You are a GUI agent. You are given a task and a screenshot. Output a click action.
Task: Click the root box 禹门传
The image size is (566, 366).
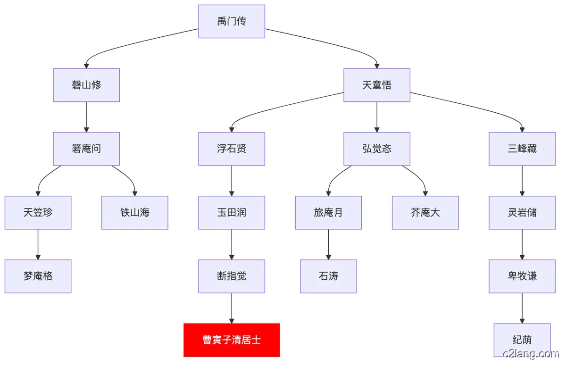coord(232,21)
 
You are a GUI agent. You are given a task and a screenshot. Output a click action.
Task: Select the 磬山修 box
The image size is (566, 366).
coord(86,85)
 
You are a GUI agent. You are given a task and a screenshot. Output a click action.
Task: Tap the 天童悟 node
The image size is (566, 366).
coord(377,85)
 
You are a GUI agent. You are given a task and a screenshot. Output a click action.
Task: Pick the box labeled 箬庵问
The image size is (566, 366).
coord(86,149)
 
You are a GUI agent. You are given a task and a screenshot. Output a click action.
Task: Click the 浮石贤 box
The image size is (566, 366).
coord(232,149)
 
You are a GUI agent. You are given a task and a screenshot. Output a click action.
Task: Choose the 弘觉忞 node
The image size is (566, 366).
coord(377,149)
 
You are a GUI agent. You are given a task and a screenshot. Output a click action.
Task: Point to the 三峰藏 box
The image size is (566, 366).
coord(522,149)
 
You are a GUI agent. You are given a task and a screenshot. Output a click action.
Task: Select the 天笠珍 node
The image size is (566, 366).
coord(38,213)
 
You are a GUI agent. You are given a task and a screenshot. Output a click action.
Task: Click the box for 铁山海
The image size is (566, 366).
coord(135,213)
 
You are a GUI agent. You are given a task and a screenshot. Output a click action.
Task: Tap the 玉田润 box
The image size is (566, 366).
coord(232,213)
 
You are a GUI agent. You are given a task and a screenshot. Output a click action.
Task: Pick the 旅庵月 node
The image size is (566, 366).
coord(328,213)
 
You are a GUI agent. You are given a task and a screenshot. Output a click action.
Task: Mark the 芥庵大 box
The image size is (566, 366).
coord(425,213)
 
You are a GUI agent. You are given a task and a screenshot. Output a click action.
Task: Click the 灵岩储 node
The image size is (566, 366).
coord(522,213)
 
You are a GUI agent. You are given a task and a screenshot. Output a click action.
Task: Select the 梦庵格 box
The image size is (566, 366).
coord(38,276)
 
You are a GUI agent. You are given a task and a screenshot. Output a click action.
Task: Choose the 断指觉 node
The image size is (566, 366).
coord(232,276)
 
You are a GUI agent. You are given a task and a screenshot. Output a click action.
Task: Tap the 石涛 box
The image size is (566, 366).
coord(328,276)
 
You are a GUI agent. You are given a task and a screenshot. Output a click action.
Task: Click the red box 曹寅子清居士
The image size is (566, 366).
coord(232,340)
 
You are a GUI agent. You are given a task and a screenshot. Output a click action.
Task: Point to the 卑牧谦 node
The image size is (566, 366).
coord(522,276)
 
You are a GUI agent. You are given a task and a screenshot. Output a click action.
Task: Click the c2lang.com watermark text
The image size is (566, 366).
coord(531,354)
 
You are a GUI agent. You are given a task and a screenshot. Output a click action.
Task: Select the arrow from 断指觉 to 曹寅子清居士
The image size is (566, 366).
coord(232,308)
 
